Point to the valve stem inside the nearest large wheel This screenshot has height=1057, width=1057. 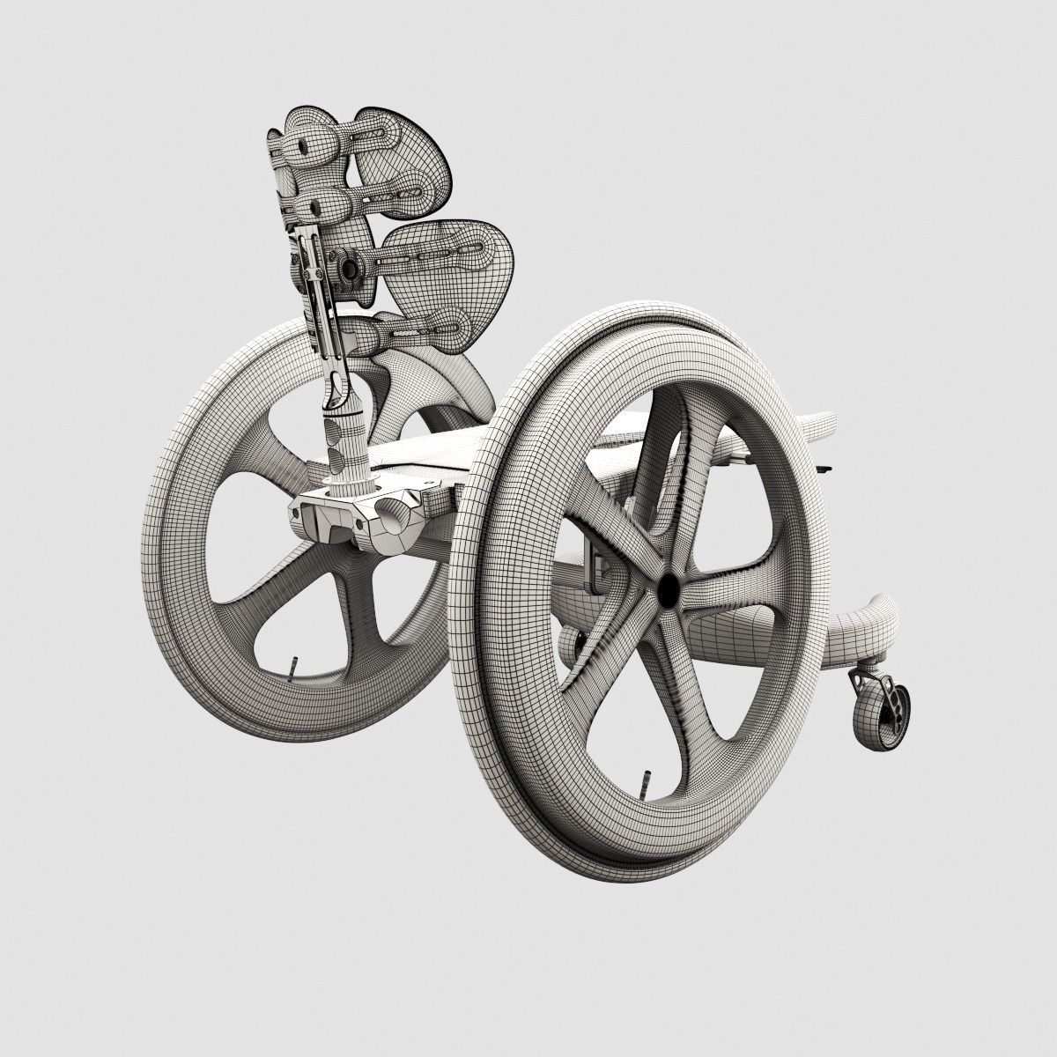[x=641, y=781]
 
